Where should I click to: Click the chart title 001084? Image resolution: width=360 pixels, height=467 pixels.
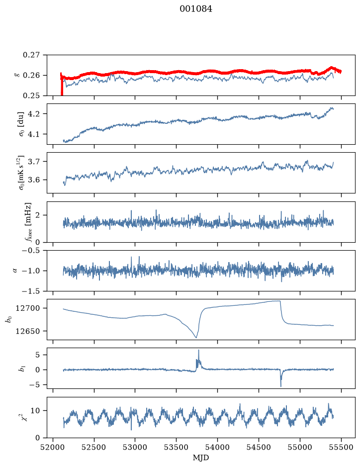[196, 9]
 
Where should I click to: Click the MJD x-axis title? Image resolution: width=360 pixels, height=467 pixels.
[201, 458]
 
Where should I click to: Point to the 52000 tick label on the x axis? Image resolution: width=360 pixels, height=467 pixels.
[53, 448]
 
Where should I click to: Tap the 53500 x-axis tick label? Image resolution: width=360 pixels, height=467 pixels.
[177, 448]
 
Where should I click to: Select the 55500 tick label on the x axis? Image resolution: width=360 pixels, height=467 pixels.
[341, 448]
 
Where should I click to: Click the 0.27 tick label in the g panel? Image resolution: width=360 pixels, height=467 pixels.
[31, 55]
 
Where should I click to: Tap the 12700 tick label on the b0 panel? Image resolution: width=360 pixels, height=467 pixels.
[27, 308]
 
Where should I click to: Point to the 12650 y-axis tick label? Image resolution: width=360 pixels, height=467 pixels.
[27, 331]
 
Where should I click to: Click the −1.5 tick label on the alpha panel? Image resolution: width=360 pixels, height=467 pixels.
[31, 291]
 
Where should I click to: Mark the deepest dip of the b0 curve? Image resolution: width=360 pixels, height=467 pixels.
[196, 337]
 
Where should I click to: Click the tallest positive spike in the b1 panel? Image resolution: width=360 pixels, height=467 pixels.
[198, 351]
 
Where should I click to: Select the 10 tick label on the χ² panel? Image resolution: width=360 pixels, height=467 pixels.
[35, 411]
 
